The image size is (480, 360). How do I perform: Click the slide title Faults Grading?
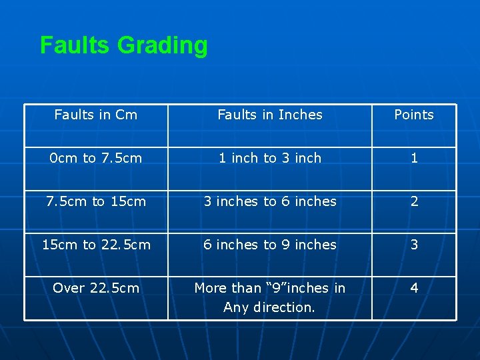point(123,45)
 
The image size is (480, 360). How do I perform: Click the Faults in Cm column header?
point(96,115)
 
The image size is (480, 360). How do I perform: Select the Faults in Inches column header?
point(270,115)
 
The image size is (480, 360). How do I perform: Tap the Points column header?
point(413,115)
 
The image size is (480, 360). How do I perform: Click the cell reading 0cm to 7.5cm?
point(96,158)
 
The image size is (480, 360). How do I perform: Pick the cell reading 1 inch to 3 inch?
point(270,158)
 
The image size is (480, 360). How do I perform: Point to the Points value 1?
point(414,158)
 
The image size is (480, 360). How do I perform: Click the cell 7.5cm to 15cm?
point(96,201)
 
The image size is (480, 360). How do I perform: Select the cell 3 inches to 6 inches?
point(270,201)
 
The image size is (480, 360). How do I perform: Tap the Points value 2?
point(414,201)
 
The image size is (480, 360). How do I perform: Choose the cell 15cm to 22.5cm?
point(96,245)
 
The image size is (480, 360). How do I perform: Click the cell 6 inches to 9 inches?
point(270,245)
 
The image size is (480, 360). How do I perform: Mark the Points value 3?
point(414,245)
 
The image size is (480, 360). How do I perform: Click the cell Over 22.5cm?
point(96,288)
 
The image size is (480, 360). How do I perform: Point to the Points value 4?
point(414,288)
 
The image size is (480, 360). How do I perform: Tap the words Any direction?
point(269,307)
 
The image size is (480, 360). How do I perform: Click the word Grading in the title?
point(162,45)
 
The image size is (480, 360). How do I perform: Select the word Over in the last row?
point(69,288)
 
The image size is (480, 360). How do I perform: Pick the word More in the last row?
point(210,288)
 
